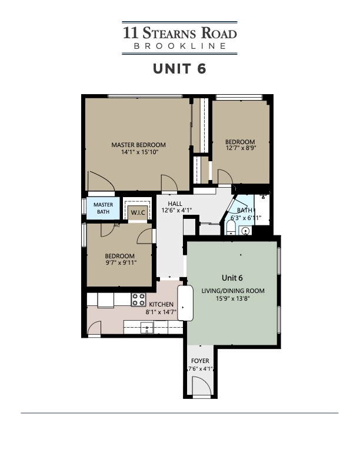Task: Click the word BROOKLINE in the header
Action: point(179,46)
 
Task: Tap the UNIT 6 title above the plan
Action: point(179,68)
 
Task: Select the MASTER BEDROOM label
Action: point(139,145)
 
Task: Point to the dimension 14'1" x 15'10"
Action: point(139,152)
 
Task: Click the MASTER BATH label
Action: point(104,208)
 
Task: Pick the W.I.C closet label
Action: point(138,212)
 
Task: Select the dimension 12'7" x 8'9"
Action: point(240,149)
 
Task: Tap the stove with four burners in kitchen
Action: point(138,299)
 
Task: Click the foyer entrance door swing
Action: point(201,385)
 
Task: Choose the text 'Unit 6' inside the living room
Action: point(232,277)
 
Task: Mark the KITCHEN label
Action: point(161,304)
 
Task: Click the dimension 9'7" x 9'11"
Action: point(119,263)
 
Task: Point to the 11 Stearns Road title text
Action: point(179,32)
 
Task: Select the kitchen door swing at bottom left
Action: point(94,327)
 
